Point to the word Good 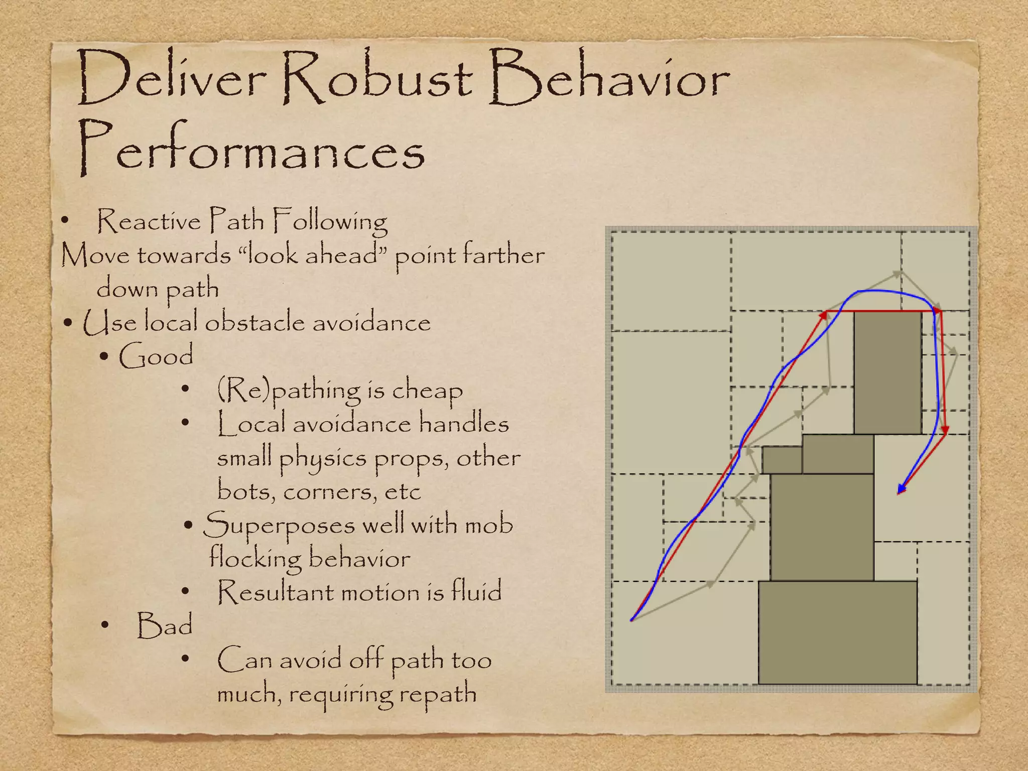coord(156,356)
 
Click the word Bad coord(165,625)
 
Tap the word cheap coord(427,391)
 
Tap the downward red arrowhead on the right coord(945,430)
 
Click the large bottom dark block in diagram coord(837,632)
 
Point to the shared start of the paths coord(632,620)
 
